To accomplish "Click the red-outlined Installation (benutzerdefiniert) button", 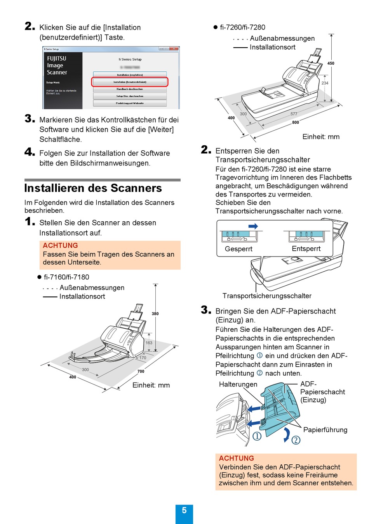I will [130, 82].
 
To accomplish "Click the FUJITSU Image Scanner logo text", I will [57, 65].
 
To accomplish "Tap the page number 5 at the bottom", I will [184, 511].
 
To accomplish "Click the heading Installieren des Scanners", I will [93, 188].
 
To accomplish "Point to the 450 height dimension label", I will [331, 63].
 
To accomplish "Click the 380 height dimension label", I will [155, 314].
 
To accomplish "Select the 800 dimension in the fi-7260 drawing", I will [296, 122].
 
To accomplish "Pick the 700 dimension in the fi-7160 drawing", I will [141, 371].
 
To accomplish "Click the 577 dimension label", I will [294, 114].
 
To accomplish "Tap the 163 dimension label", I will [149, 343].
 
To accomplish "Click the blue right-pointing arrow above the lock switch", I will [253, 226].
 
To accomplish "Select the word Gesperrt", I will [238, 249].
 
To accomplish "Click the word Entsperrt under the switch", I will [306, 249].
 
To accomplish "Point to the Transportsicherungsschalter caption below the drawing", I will [267, 296].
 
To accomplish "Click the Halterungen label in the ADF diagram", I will [238, 384].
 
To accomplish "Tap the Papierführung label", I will [325, 430].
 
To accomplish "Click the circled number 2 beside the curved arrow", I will [296, 440].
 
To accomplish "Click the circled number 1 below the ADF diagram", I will [257, 436].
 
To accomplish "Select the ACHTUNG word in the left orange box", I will [60, 245].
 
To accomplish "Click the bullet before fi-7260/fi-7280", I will [215, 27].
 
